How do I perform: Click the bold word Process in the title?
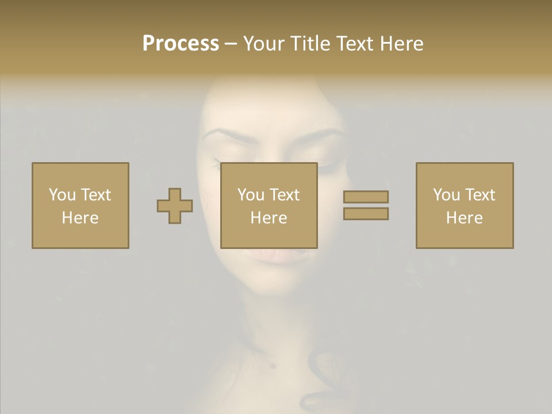181,44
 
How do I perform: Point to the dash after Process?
231,44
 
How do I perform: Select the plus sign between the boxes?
175,206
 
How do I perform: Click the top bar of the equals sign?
366,197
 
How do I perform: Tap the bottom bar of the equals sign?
366,213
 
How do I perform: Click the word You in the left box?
62,195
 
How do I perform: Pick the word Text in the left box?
95,195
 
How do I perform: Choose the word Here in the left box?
80,218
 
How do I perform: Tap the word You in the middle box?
251,195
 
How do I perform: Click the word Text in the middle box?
284,195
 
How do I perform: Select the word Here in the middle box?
269,218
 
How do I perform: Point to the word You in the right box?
446,195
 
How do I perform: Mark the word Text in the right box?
480,195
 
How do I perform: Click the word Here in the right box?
464,218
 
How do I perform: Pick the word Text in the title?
353,44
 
